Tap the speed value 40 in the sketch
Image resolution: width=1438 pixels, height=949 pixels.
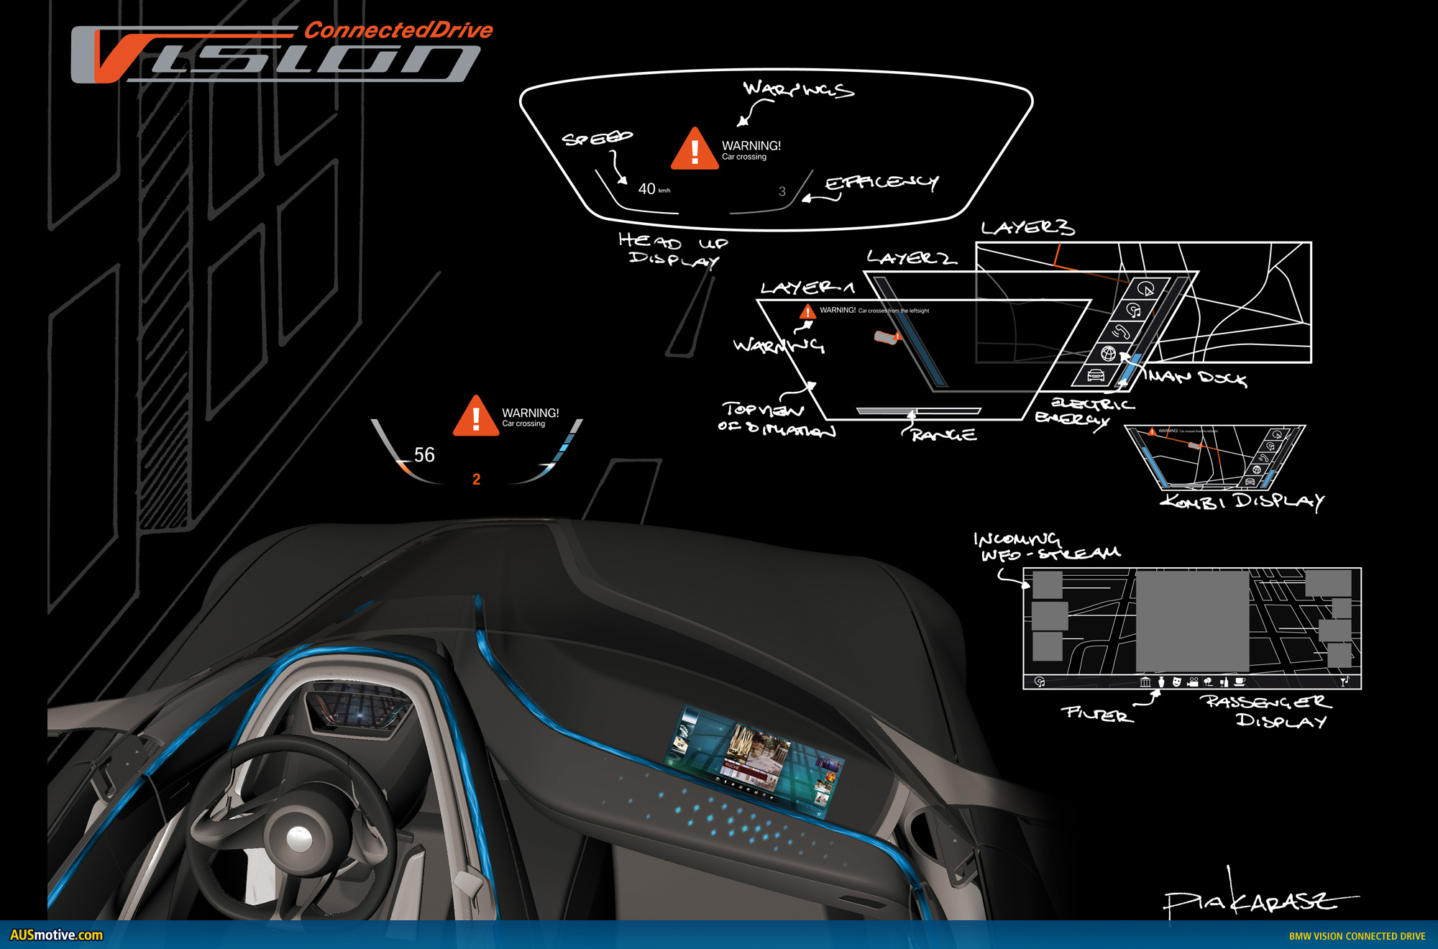[x=646, y=188]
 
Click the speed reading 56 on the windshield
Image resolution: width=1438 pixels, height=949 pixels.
[x=424, y=454]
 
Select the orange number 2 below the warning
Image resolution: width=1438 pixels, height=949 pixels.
[x=476, y=479]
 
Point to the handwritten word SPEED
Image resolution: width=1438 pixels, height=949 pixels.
[x=597, y=138]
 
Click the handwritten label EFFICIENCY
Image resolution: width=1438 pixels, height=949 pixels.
[x=881, y=183]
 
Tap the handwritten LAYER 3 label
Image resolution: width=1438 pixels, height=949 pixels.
[x=1027, y=228]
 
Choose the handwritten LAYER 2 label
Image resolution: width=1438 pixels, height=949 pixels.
[x=911, y=257]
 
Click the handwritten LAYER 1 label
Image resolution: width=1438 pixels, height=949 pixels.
[x=807, y=288]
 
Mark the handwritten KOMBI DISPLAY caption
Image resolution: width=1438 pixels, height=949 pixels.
[x=1242, y=501]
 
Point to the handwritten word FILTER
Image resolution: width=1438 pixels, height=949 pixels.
[x=1097, y=714]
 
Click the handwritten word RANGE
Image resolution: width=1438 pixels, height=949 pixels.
[x=944, y=435]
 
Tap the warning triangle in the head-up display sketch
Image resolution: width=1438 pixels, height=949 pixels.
[x=695, y=150]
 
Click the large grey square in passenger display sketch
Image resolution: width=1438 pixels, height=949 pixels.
[x=1191, y=621]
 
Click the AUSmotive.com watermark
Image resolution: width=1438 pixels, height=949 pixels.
[x=56, y=935]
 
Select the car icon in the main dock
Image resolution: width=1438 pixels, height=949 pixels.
[x=1095, y=375]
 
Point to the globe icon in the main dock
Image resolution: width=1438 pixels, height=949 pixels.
[x=1109, y=353]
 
